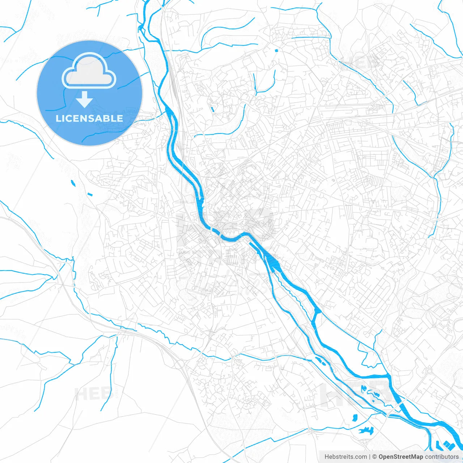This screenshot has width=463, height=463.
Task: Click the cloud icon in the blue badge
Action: [x=89, y=71]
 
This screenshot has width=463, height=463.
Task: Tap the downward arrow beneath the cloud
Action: [x=85, y=99]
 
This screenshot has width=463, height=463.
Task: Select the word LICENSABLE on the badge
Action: [x=89, y=118]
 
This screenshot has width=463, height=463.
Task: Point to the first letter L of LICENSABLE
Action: [x=58, y=118]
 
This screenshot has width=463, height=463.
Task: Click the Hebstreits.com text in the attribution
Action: [x=345, y=457]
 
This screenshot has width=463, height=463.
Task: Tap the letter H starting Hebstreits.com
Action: [x=327, y=457]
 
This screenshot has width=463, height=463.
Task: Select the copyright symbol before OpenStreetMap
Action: [x=375, y=457]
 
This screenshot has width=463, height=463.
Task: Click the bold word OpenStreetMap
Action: [x=401, y=457]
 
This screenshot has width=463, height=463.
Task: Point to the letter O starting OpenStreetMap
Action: [x=381, y=457]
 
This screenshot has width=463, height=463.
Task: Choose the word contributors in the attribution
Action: [x=442, y=457]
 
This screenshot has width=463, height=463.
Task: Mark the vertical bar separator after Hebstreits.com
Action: [x=370, y=457]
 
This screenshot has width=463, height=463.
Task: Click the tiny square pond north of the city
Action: [x=276, y=50]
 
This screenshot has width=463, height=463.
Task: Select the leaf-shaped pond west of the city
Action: [x=73, y=183]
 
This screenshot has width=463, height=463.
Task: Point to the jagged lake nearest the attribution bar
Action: [x=366, y=430]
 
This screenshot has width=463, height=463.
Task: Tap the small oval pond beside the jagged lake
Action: [x=354, y=417]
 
